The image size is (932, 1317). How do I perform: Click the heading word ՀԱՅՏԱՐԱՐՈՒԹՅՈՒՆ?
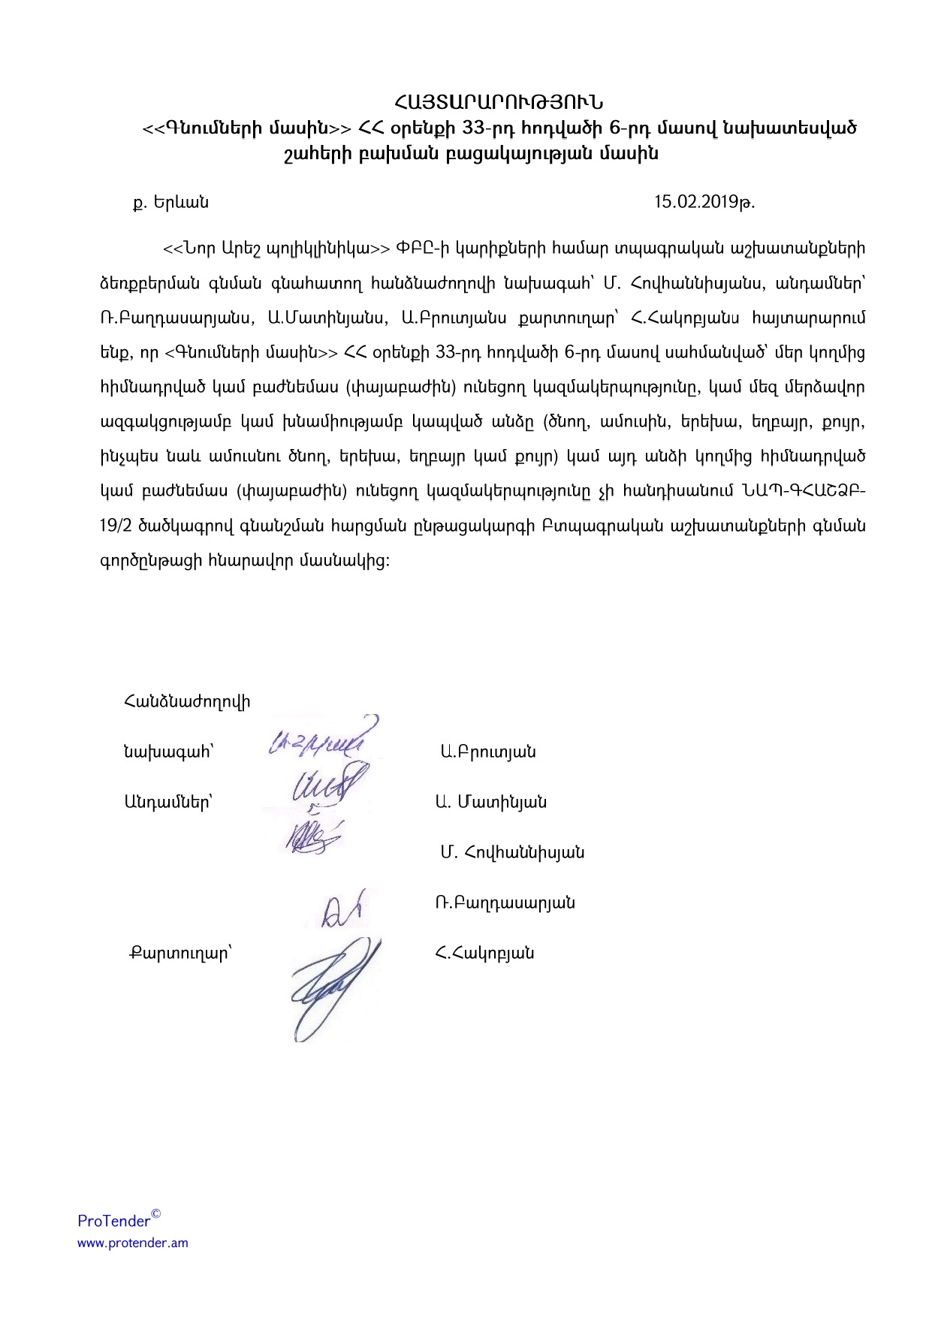(x=499, y=101)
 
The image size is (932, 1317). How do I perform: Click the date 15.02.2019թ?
(x=704, y=202)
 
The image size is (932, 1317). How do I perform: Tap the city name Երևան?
(x=181, y=203)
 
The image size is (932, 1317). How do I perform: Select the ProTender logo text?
(x=114, y=1221)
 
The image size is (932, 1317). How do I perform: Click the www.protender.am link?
(x=133, y=1243)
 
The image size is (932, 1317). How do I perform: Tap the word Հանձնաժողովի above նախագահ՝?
(x=187, y=702)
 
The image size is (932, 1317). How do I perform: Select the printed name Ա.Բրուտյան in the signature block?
(x=488, y=752)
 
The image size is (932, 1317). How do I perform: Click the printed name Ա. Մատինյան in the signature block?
(x=491, y=802)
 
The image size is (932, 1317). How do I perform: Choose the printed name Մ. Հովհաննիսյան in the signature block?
(x=512, y=852)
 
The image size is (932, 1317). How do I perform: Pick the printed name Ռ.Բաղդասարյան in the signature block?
(x=505, y=903)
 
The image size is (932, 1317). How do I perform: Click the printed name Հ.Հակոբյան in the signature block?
(x=484, y=954)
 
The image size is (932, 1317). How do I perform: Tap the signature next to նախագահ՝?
(x=319, y=740)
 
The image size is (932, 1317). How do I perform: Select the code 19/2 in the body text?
(x=116, y=526)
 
